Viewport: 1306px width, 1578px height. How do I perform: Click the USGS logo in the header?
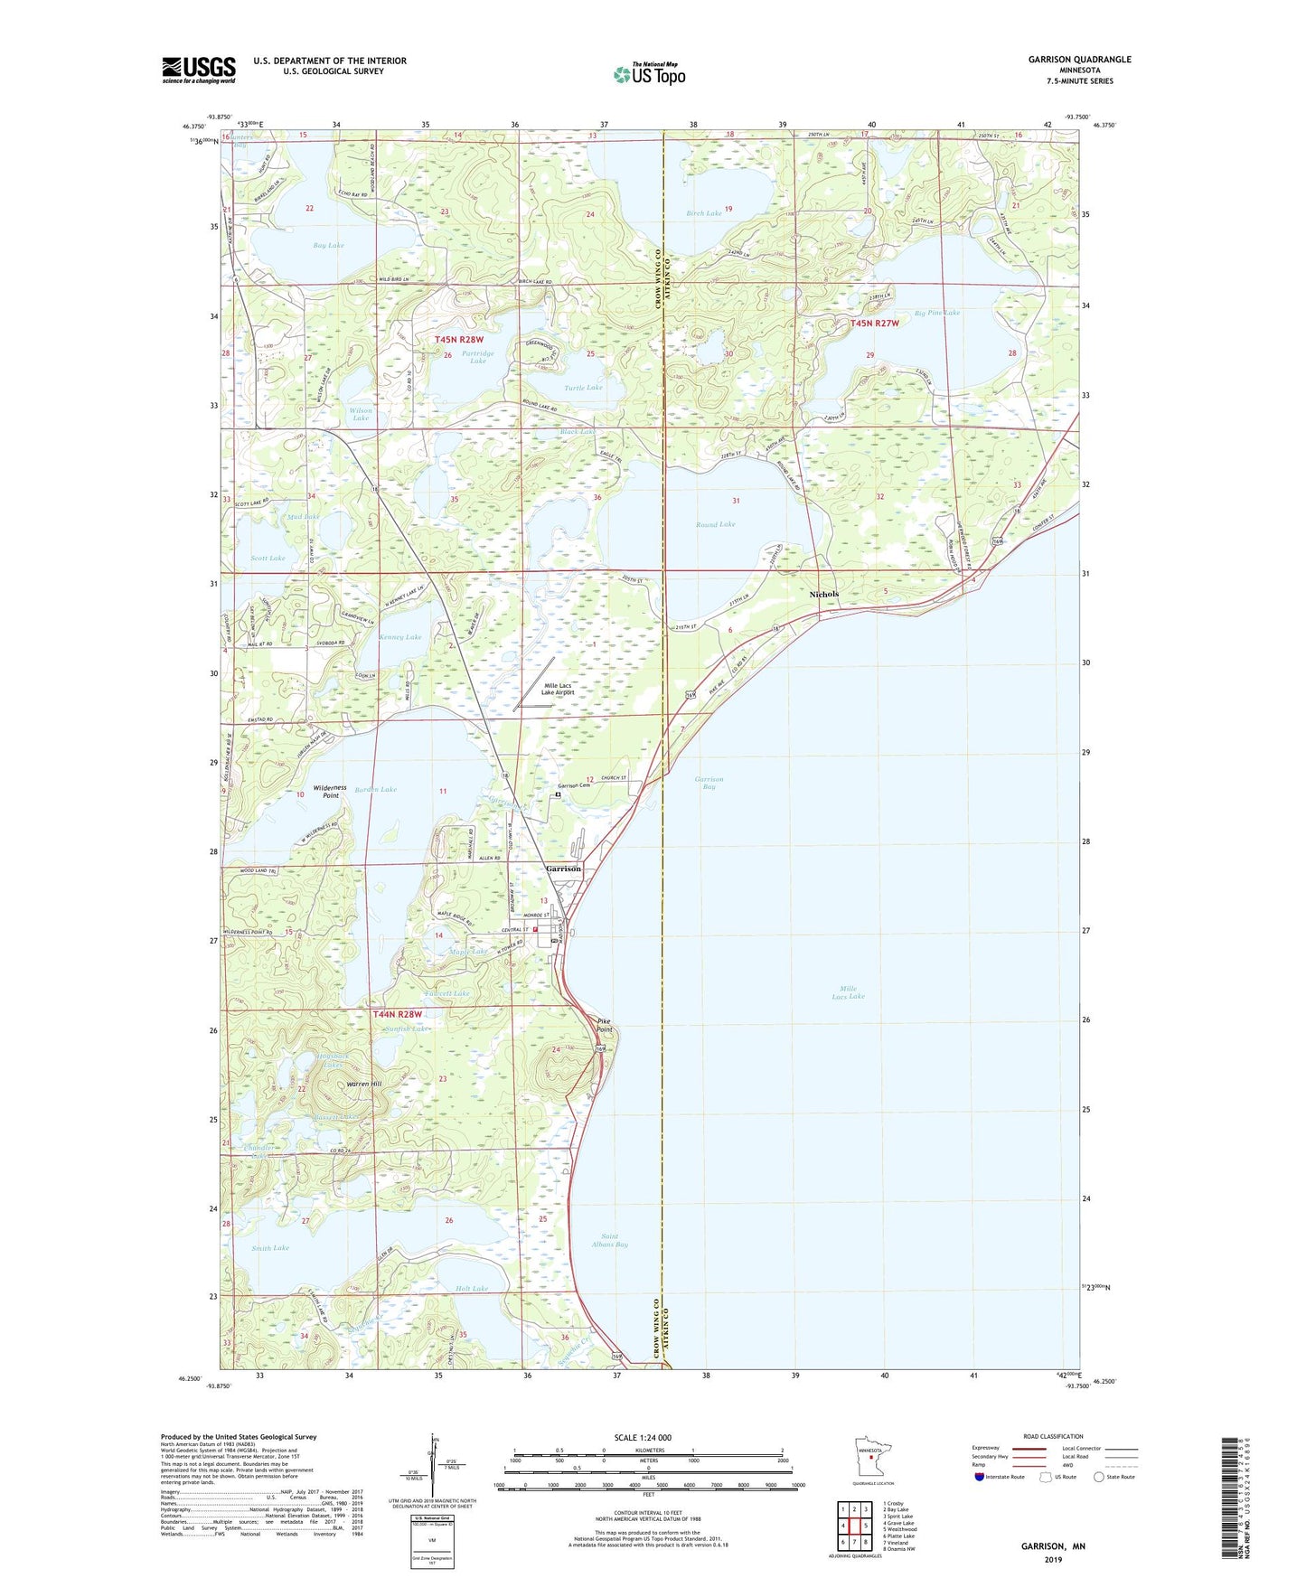(x=198, y=70)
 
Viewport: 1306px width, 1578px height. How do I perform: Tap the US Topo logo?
(x=649, y=74)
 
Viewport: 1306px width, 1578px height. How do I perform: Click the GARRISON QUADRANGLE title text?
(x=1079, y=60)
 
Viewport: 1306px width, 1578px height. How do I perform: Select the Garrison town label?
(x=563, y=869)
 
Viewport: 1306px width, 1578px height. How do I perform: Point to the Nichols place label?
(x=823, y=594)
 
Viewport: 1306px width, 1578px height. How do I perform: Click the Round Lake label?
(x=715, y=524)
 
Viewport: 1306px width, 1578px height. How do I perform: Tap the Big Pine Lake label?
(x=936, y=313)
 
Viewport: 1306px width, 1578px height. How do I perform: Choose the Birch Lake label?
(x=704, y=213)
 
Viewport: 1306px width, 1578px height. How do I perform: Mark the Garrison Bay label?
(x=709, y=783)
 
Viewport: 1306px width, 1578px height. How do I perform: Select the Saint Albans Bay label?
(x=614, y=1240)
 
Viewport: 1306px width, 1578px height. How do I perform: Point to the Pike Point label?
(x=604, y=1026)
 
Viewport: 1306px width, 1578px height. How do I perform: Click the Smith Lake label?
(x=270, y=1248)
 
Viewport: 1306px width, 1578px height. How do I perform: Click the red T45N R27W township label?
(x=874, y=324)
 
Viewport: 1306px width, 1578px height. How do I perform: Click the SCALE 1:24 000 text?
(x=643, y=1437)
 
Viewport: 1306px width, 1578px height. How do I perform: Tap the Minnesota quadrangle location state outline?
(x=869, y=1456)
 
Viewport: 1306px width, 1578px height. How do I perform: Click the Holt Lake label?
(x=472, y=1289)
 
